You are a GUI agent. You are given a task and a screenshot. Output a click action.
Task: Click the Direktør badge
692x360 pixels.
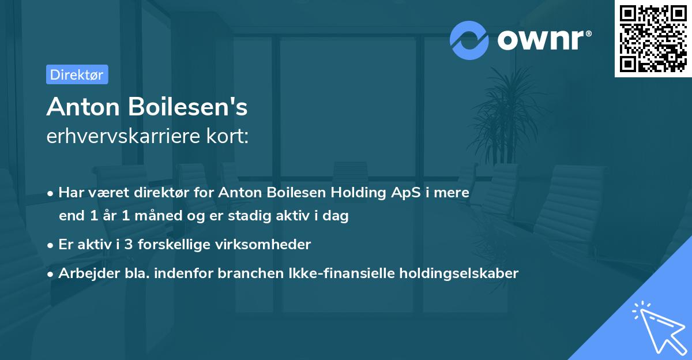point(77,74)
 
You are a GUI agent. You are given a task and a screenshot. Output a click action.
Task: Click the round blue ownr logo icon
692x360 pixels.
point(469,40)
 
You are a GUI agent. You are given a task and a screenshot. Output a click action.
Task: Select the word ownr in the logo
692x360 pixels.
point(544,40)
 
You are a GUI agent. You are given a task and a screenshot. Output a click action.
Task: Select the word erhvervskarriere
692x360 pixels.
point(126,137)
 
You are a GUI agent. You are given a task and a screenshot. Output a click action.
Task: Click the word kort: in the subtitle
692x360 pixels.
point(230,137)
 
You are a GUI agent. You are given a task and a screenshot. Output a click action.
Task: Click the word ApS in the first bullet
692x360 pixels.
point(403,193)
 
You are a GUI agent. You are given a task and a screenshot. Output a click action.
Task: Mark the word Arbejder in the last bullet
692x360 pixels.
point(84,273)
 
